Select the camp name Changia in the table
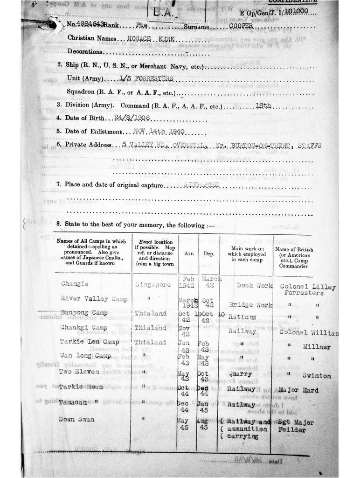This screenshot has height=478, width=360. [75, 283]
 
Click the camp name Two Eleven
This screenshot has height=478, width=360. [79, 372]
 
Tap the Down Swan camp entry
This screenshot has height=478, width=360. [76, 419]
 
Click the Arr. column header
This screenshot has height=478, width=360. [187, 254]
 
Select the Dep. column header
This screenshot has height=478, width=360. [208, 254]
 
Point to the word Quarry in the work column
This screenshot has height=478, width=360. [240, 374]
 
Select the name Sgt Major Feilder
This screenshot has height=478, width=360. [297, 426]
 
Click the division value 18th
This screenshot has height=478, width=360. [263, 105]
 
